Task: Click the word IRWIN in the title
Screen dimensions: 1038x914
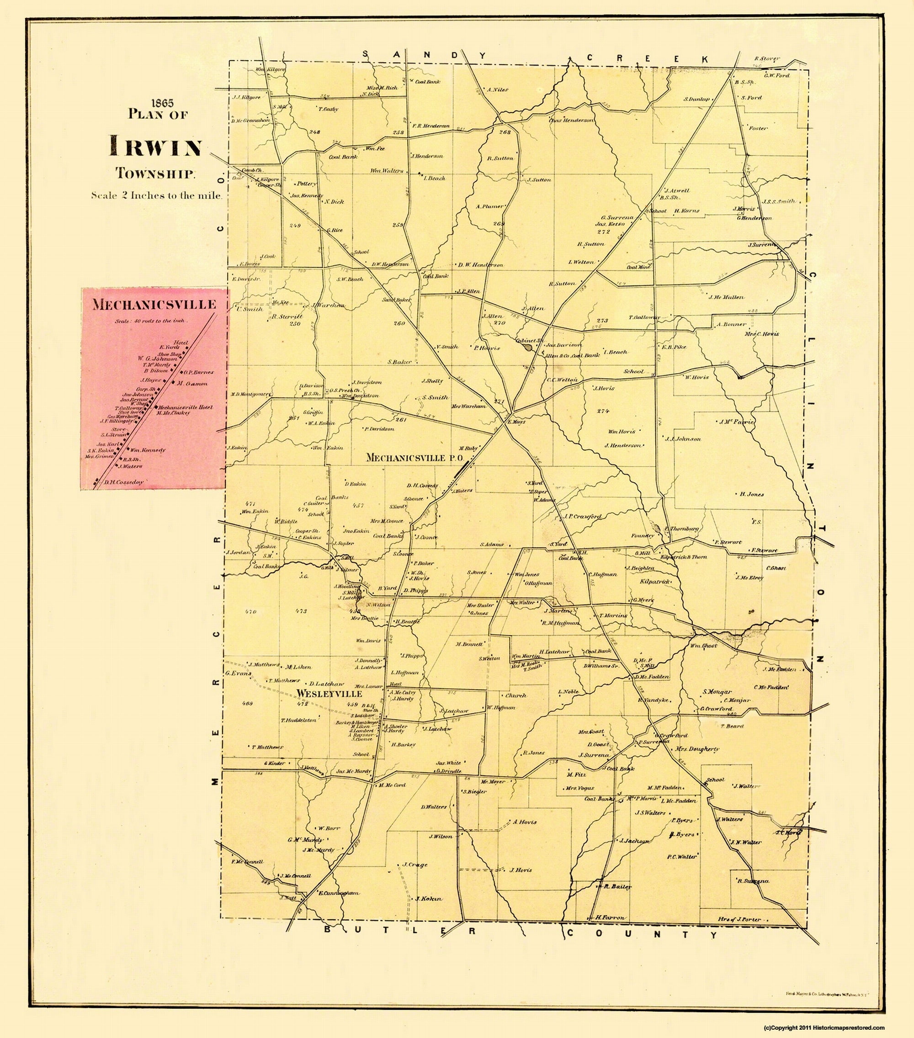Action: point(156,147)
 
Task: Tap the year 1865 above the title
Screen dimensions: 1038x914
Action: point(158,104)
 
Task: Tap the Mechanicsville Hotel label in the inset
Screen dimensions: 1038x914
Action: point(185,407)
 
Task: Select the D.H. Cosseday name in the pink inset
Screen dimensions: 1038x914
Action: point(124,482)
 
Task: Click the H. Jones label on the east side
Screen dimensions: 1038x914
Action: point(751,494)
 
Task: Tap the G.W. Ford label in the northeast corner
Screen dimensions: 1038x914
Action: point(776,76)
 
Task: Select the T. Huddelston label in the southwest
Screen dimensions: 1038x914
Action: point(299,720)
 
